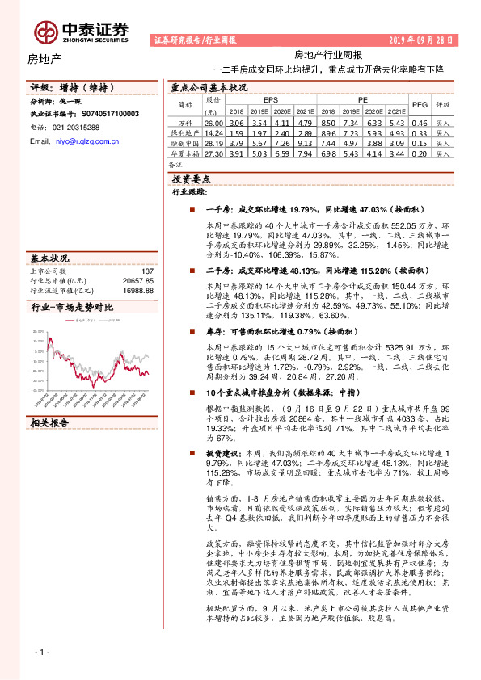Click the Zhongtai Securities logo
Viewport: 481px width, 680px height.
click(81, 31)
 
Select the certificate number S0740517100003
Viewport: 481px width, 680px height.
click(105, 115)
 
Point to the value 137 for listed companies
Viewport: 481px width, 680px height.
click(147, 271)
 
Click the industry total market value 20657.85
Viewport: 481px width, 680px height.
click(137, 280)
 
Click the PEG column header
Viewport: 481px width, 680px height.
click(420, 104)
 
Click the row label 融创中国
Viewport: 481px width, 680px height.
click(188, 141)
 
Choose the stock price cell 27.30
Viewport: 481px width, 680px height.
click(213, 152)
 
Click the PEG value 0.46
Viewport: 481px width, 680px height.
click(420, 122)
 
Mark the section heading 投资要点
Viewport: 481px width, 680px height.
click(192, 179)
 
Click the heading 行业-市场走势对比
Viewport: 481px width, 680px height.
click(72, 309)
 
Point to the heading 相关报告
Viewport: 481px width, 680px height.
click(51, 423)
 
